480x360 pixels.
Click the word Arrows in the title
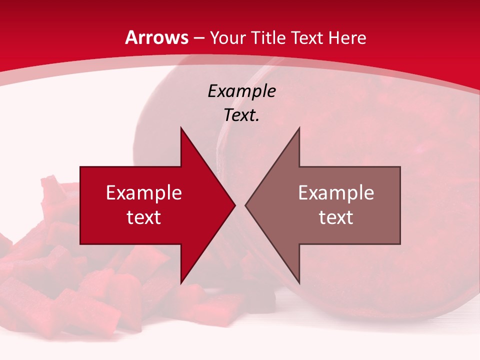point(157,37)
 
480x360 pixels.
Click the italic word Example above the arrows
point(241,91)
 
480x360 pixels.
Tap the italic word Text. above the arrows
point(241,115)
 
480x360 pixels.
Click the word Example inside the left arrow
point(144,193)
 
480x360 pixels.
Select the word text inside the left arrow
point(144,217)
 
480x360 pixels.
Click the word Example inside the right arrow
point(336,193)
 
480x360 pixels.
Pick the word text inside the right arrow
point(336,217)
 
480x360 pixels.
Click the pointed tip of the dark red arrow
point(235,205)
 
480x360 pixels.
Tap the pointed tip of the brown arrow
point(245,205)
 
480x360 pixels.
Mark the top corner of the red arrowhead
point(181,128)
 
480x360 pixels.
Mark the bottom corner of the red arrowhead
point(181,283)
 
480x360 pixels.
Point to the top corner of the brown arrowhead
point(299,128)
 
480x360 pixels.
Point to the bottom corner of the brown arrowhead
point(299,283)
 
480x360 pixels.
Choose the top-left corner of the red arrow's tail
point(80,167)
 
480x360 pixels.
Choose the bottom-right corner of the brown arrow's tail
point(400,244)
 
